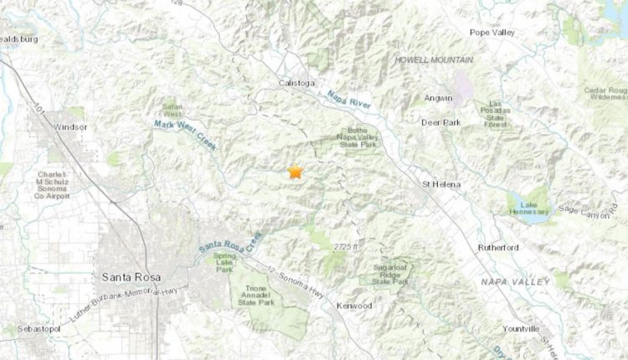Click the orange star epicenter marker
[295, 172]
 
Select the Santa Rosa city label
[129, 276]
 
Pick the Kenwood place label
[353, 306]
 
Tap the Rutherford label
[500, 248]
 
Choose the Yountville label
[525, 329]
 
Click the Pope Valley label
[492, 33]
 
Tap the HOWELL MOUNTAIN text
[434, 60]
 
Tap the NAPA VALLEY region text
[515, 281]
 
